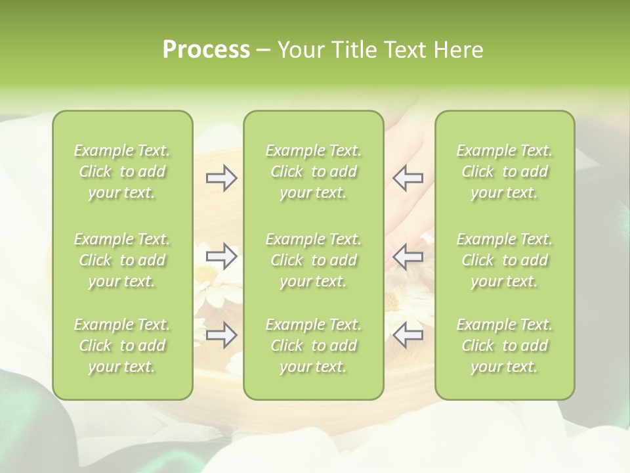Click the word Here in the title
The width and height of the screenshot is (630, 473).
point(458,50)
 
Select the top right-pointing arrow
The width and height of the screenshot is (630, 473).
point(222,178)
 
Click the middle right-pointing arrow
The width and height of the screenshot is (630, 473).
point(222,256)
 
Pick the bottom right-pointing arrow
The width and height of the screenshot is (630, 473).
point(222,335)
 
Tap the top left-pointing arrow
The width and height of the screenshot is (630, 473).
point(408,178)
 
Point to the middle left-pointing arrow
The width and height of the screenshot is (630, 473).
point(408,256)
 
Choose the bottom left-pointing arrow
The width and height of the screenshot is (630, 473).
point(408,335)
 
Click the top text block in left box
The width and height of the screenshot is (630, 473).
point(122,171)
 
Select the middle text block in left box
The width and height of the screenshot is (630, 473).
point(122,260)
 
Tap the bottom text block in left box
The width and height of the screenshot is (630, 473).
point(122,346)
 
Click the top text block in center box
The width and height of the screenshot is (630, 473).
point(313,171)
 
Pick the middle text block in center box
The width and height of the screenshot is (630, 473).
point(313,260)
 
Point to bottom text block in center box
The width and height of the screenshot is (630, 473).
point(313,346)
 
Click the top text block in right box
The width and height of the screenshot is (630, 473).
point(504,171)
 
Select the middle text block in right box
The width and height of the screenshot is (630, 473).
point(504,260)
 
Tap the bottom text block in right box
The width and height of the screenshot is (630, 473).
point(504,346)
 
